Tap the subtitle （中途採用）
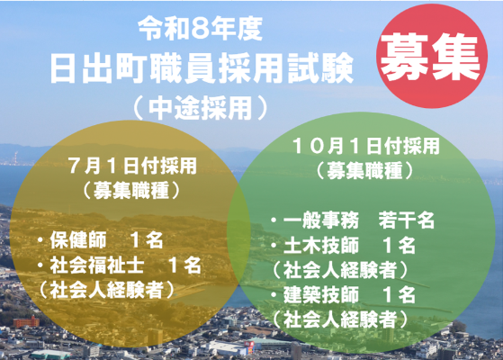(x=200, y=107)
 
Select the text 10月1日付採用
(x=365, y=144)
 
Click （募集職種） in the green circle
(x=365, y=168)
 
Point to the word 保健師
(x=80, y=241)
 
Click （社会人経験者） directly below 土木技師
(x=342, y=269)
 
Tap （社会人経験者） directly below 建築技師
(x=342, y=319)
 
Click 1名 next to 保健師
(x=146, y=241)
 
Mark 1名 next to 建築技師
(x=398, y=294)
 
